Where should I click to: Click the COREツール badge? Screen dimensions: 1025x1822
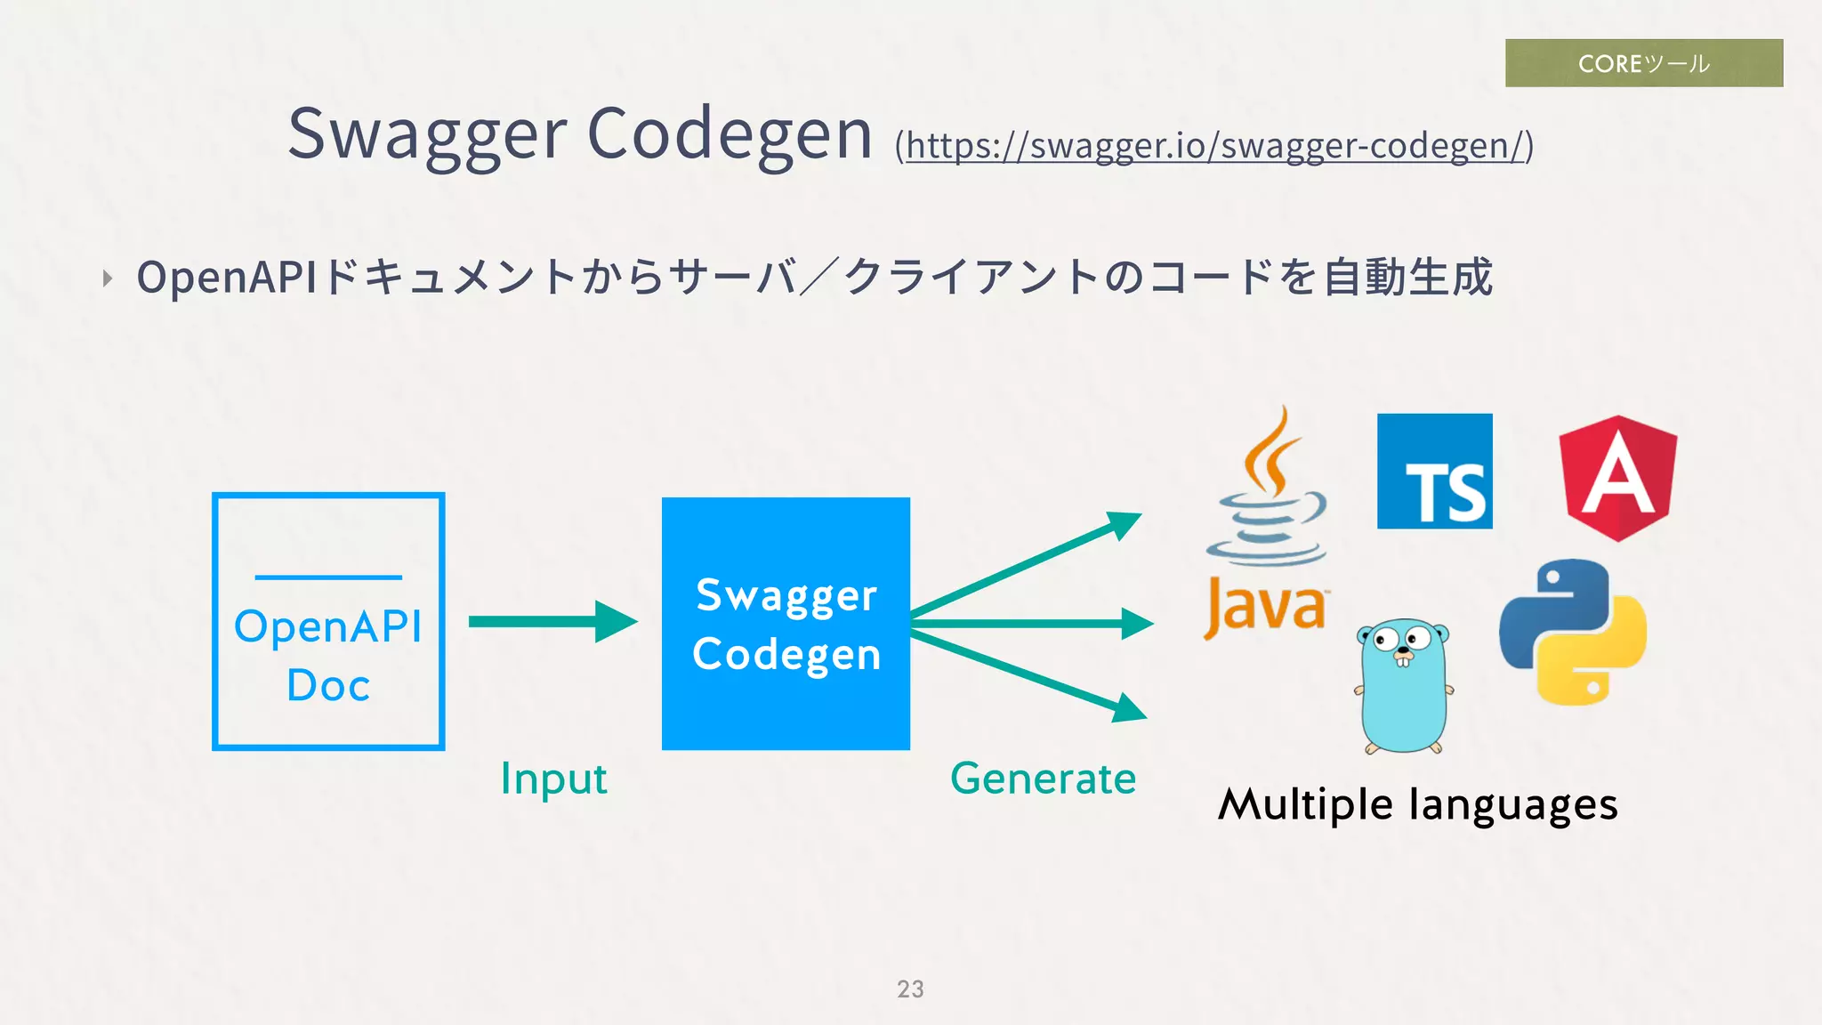point(1643,63)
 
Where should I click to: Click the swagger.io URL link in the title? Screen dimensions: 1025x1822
point(1215,146)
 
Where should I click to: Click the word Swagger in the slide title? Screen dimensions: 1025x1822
point(427,134)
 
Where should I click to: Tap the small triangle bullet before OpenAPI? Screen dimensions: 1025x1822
point(108,278)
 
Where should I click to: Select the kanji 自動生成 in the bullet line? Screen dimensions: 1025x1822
point(1407,277)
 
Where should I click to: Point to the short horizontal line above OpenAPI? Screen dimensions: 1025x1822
point(328,577)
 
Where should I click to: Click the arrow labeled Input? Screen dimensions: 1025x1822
point(552,621)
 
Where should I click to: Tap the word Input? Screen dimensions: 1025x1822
point(553,779)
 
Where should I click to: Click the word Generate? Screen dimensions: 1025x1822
point(1043,779)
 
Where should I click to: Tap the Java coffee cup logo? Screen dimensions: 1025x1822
point(1266,525)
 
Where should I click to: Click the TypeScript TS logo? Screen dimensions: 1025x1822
point(1434,472)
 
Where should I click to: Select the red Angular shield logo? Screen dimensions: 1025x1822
point(1617,478)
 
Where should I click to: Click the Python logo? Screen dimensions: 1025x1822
point(1572,632)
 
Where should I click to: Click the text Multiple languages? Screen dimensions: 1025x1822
point(1417,805)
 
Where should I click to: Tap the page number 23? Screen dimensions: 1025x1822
point(910,989)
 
